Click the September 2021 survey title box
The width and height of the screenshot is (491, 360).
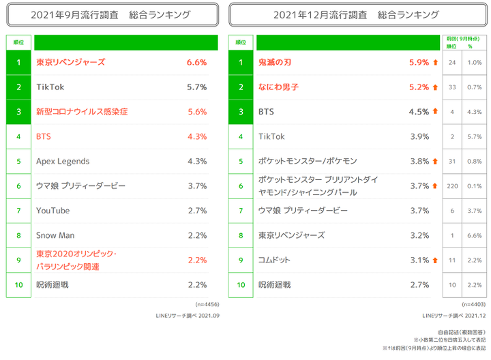[112, 14]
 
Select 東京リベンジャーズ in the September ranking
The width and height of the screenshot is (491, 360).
[70, 62]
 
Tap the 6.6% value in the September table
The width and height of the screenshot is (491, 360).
[196, 62]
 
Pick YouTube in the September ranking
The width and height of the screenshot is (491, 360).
[53, 211]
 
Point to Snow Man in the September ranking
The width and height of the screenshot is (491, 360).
[55, 235]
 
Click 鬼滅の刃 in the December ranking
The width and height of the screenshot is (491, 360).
[275, 62]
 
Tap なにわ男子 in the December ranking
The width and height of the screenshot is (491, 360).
[278, 87]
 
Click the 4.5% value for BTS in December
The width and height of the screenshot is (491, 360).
[419, 112]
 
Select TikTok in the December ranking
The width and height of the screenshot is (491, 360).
[271, 136]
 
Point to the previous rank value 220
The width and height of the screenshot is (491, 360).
[452, 186]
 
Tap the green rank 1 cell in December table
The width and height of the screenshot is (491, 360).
[240, 62]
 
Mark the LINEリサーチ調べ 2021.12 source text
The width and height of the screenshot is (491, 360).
[452, 316]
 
